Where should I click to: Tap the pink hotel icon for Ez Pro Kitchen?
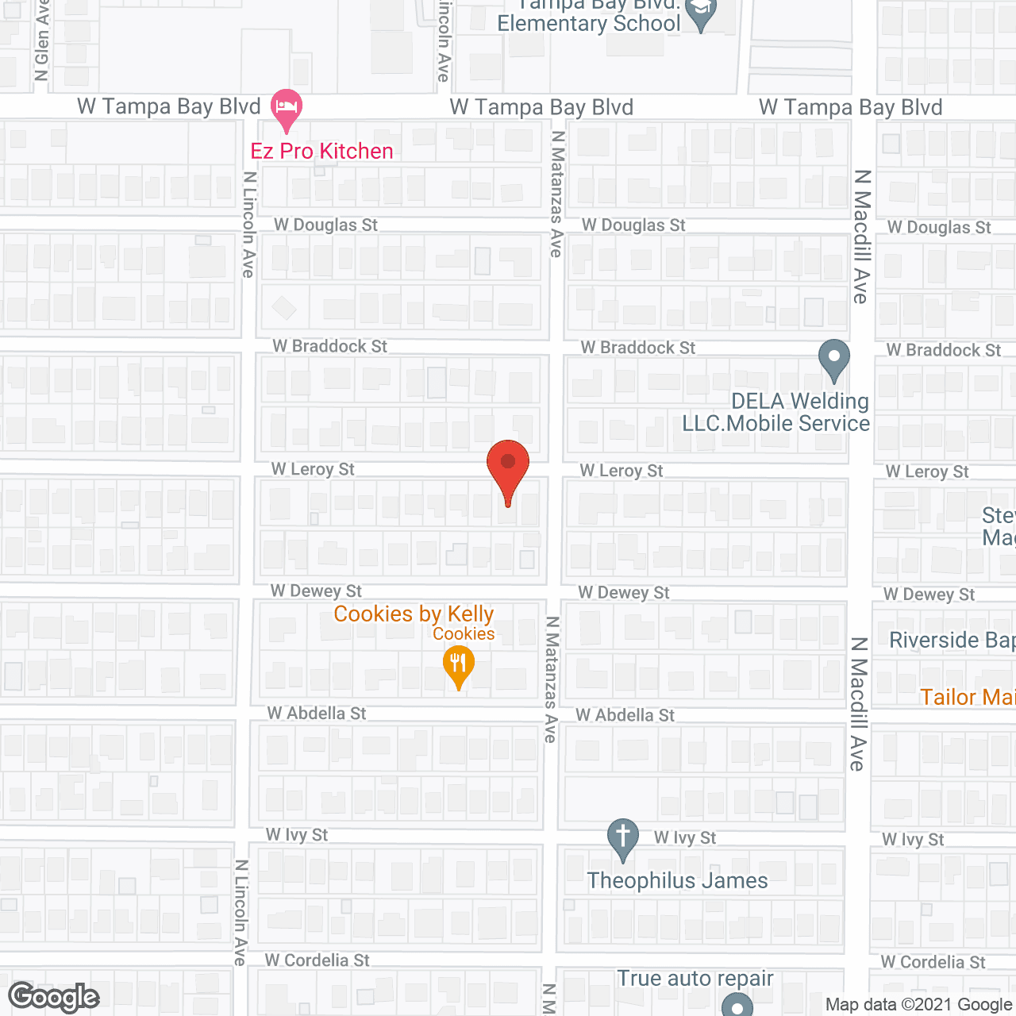coord(287,107)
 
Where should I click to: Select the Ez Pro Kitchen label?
coord(321,151)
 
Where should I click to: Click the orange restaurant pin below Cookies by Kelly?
coord(458,664)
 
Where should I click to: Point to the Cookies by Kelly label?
coord(414,614)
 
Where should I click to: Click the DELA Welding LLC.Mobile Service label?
coord(775,412)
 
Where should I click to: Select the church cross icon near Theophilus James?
coord(623,837)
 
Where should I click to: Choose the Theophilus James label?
coord(677,880)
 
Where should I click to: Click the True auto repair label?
coord(695,978)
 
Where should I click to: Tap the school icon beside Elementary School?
coord(701,13)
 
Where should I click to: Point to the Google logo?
coord(54,997)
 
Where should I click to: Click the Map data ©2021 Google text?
coord(918,1005)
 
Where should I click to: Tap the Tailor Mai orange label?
coord(967,697)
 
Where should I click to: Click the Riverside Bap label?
coord(952,640)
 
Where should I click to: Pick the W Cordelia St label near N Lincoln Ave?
coord(317,960)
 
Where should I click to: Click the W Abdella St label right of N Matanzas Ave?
coord(625,715)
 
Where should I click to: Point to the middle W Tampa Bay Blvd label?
coord(541,107)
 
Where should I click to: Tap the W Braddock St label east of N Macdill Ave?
coord(943,350)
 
